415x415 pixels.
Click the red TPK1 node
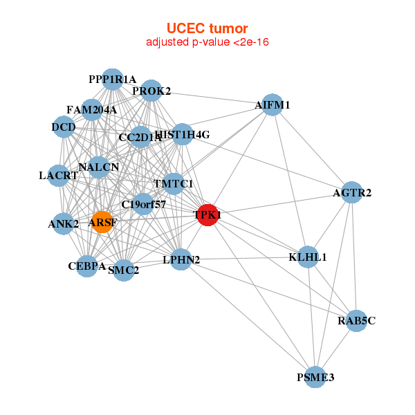(x=207, y=214)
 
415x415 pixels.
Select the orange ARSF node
(x=102, y=222)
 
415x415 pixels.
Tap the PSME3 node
(x=315, y=377)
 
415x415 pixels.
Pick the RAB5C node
(x=356, y=321)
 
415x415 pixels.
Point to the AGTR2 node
(x=352, y=193)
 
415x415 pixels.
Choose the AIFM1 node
(x=273, y=105)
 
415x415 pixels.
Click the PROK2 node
(x=151, y=91)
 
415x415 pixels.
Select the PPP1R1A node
(x=112, y=80)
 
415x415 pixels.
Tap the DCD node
(x=64, y=127)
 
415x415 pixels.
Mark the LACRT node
(x=59, y=176)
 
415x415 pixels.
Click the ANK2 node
(x=64, y=223)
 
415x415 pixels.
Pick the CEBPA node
(x=86, y=266)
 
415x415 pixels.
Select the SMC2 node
(x=123, y=270)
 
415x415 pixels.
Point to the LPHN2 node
(x=181, y=260)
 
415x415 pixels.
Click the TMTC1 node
(x=173, y=183)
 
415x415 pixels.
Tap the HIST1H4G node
(x=182, y=134)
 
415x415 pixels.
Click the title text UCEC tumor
(x=207, y=28)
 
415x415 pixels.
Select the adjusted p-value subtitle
(x=207, y=42)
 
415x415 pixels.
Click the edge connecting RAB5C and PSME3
(x=336, y=349)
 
